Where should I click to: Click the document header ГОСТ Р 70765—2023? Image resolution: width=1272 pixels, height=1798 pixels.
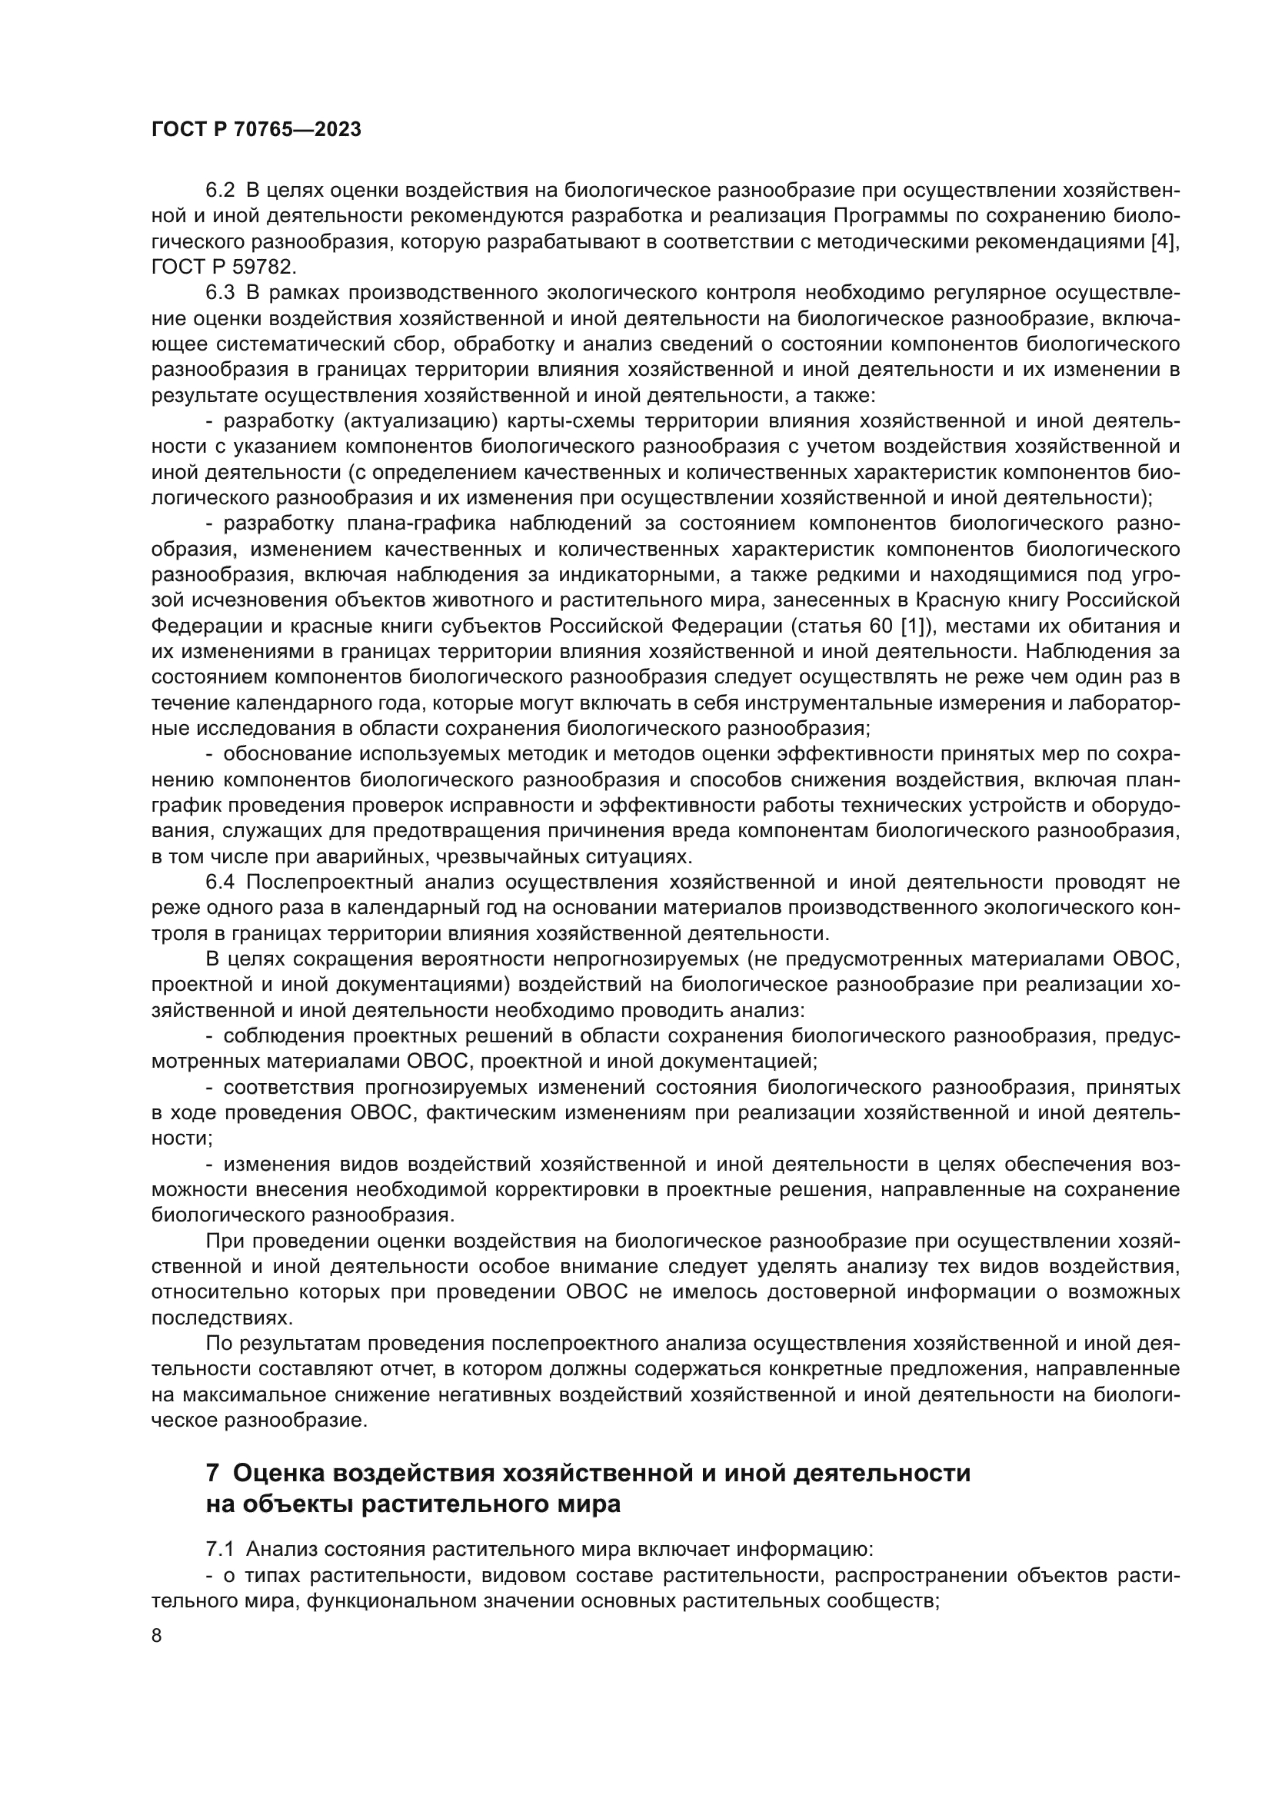tap(256, 130)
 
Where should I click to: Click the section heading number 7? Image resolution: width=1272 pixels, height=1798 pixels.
tap(212, 1474)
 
